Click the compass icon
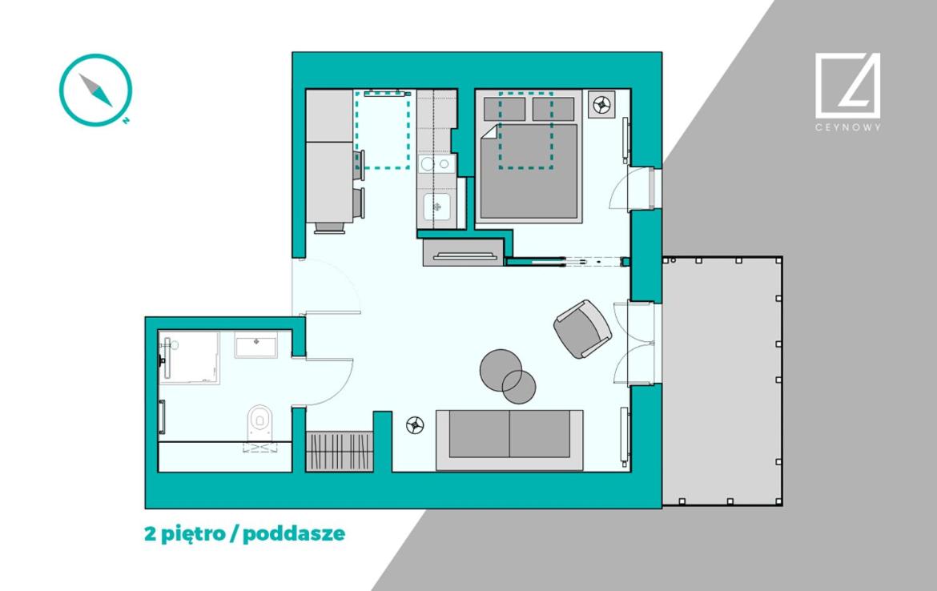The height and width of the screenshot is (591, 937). click(x=95, y=90)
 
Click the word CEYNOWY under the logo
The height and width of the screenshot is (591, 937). click(x=847, y=127)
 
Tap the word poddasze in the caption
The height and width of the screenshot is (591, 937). click(x=294, y=533)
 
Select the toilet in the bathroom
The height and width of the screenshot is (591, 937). click(x=260, y=422)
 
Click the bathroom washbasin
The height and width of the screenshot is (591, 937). click(x=255, y=345)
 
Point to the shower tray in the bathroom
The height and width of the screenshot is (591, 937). click(x=189, y=357)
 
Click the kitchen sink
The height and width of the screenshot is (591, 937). click(x=436, y=207)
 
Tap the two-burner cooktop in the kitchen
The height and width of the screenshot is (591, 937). click(x=435, y=163)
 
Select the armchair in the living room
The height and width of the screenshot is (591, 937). click(x=582, y=328)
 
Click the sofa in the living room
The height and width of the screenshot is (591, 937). click(x=509, y=440)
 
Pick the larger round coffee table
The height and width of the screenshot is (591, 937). click(x=501, y=371)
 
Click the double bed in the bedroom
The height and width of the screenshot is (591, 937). click(x=529, y=157)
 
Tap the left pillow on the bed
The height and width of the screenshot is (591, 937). click(x=505, y=110)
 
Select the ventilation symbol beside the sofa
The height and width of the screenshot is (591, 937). click(x=415, y=425)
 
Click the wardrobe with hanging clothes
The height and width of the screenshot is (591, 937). click(x=340, y=451)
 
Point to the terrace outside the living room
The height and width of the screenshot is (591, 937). click(x=722, y=380)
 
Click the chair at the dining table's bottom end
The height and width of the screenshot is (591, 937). click(x=329, y=227)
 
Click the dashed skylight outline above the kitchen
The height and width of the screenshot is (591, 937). click(x=383, y=130)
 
